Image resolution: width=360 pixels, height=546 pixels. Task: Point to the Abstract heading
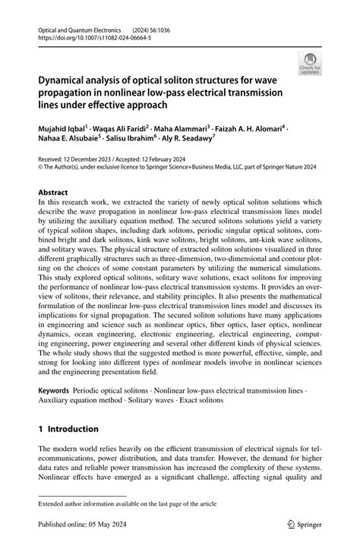[x=57, y=193]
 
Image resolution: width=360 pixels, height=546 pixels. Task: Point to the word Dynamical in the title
[x=67, y=77]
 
